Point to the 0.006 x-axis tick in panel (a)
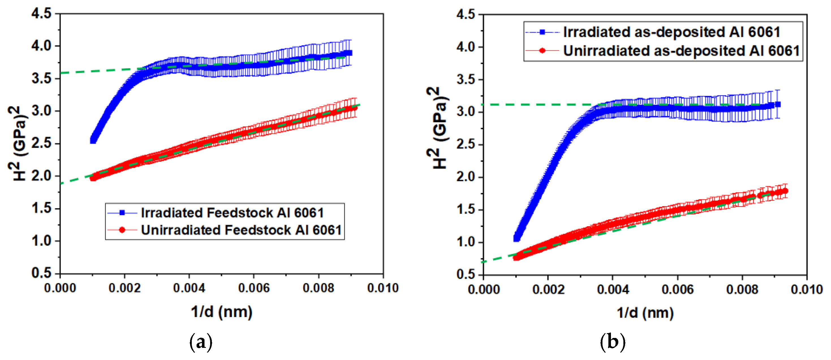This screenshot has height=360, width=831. pyautogui.click(x=253, y=288)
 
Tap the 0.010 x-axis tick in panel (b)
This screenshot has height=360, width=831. pyautogui.click(x=806, y=289)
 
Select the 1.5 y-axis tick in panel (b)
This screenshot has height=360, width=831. pyautogui.click(x=466, y=210)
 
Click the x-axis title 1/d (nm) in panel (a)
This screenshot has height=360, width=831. pyautogui.click(x=222, y=312)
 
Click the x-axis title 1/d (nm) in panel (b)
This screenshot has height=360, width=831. pyautogui.click(x=645, y=313)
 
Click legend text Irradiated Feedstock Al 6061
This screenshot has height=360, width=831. pyautogui.click(x=232, y=213)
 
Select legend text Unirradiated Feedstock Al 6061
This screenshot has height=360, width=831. pyautogui.click(x=241, y=230)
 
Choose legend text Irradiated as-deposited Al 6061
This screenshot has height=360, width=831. pyautogui.click(x=672, y=32)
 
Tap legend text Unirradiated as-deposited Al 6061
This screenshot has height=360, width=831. pyautogui.click(x=681, y=51)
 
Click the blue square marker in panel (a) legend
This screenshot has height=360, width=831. pyautogui.click(x=122, y=213)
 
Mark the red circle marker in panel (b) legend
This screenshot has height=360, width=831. pyautogui.click(x=542, y=51)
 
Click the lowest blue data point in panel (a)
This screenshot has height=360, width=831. pyautogui.click(x=93, y=140)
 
